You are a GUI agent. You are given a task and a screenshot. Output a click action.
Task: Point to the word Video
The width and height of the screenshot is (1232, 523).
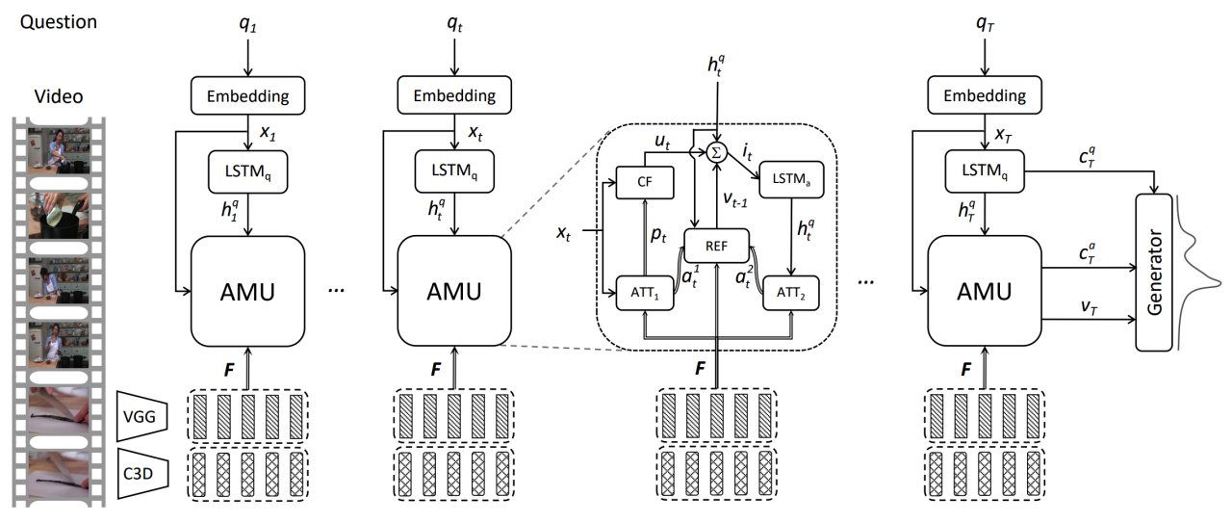[59, 96]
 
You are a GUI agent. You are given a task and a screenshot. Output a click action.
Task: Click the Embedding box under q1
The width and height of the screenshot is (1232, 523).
[248, 95]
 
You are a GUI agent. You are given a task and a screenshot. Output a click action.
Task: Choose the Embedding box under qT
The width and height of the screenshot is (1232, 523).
[984, 95]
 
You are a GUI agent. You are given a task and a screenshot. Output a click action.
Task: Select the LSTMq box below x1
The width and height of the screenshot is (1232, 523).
[248, 172]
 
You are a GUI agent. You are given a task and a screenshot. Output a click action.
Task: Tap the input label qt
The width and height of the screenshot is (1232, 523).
[455, 26]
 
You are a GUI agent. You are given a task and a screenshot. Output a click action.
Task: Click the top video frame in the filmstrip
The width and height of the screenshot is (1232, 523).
[60, 149]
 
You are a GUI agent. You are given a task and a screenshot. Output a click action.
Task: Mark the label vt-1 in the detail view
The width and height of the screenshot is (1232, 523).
[739, 196]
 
